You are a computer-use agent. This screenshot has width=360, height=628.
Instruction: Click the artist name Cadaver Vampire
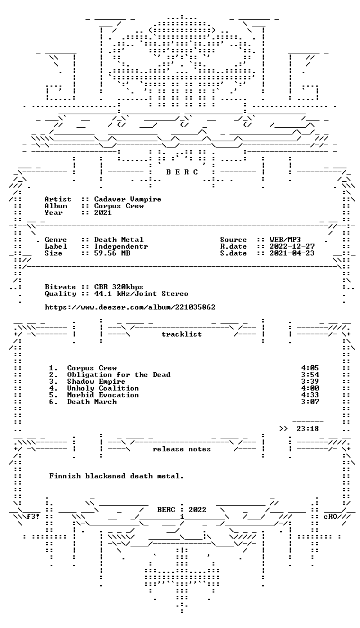[x=127, y=199]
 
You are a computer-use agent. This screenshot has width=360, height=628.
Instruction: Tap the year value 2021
[x=103, y=213]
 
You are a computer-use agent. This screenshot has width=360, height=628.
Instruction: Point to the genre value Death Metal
[x=119, y=240]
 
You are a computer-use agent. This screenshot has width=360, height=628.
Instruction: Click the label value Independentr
[x=121, y=246]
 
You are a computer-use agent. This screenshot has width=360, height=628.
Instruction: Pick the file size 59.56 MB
[x=112, y=253]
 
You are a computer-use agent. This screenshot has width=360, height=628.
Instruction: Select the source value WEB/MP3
[x=285, y=240]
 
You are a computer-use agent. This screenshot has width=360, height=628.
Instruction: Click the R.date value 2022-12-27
[x=292, y=246]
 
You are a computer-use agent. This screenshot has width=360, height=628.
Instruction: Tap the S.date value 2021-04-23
[x=292, y=253]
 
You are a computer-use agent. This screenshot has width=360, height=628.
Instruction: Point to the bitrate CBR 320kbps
[x=119, y=287]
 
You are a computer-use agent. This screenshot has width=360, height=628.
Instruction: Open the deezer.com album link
[x=130, y=307]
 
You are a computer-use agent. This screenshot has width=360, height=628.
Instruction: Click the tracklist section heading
[x=181, y=334]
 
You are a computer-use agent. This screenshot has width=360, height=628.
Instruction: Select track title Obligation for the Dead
[x=119, y=375]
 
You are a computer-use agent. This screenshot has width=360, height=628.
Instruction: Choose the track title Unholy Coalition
[x=103, y=388]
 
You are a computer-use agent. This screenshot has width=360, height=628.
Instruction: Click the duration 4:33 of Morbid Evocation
[x=310, y=395]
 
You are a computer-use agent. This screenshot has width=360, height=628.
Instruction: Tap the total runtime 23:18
[x=308, y=429]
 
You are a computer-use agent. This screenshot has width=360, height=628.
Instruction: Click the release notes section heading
[x=181, y=450]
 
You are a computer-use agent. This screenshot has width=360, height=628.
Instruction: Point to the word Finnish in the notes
[x=65, y=476]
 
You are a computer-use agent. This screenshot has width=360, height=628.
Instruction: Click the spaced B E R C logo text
[x=182, y=172]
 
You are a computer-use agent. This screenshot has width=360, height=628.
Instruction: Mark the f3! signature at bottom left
[x=33, y=517]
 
